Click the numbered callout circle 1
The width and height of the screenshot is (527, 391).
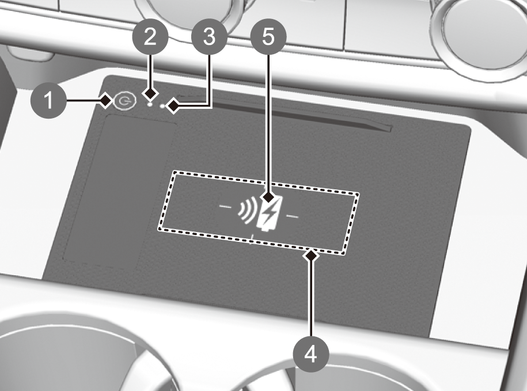(49, 100)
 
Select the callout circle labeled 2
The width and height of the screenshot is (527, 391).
(150, 37)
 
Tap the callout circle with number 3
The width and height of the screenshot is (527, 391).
(209, 37)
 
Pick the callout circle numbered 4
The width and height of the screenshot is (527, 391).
(311, 354)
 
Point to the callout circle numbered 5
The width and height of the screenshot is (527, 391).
(268, 36)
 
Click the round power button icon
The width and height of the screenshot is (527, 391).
(124, 101)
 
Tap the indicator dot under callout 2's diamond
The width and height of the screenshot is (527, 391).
(150, 104)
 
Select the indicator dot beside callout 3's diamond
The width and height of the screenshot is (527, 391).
(163, 107)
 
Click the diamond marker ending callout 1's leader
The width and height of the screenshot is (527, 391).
(106, 100)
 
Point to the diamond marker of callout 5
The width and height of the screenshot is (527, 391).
(268, 197)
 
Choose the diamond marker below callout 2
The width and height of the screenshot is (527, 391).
(150, 93)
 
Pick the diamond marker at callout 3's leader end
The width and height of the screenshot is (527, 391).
(174, 107)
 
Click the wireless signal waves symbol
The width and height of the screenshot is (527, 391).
(247, 210)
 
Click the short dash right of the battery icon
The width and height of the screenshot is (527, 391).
(292, 217)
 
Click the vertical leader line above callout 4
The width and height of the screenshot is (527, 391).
(311, 299)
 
